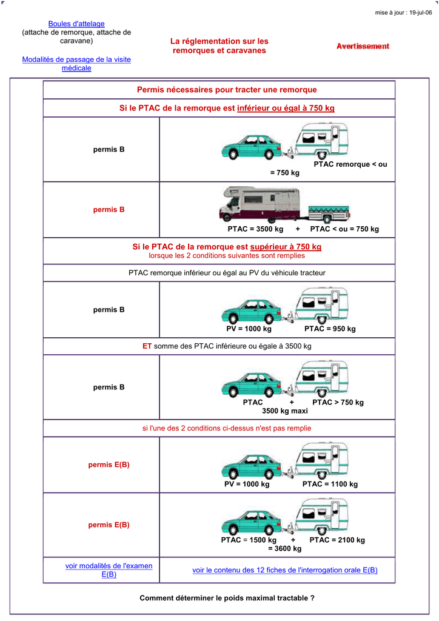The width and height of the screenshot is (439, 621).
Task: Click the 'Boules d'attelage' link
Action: coord(76,24)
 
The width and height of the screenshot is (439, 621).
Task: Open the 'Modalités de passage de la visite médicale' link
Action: coord(76,64)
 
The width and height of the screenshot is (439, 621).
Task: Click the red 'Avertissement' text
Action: coord(363,47)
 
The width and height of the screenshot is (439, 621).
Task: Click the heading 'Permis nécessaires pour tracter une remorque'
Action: coord(227,90)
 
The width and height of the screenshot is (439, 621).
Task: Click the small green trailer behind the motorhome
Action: coord(330,212)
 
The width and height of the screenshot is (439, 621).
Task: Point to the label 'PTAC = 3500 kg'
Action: coord(255,229)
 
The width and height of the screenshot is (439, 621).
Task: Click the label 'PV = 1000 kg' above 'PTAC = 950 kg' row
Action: coord(249,329)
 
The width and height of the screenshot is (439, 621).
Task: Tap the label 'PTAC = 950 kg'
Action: coord(330,329)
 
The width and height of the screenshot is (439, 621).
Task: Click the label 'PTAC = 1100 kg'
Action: coord(330,484)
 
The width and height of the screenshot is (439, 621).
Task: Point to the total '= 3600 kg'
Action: coord(284,548)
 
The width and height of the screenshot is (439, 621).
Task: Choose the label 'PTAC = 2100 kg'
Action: coord(337,540)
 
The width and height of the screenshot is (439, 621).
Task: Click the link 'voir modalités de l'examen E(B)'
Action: coord(109,570)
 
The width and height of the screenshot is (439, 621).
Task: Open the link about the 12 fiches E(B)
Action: coord(285,570)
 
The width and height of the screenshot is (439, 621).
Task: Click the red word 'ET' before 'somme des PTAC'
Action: coord(147,346)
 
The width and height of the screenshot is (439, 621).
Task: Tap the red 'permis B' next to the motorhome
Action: coord(109,210)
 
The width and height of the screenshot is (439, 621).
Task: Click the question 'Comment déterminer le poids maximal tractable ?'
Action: coord(227,598)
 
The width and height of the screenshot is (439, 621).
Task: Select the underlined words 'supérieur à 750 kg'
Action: coord(286,247)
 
